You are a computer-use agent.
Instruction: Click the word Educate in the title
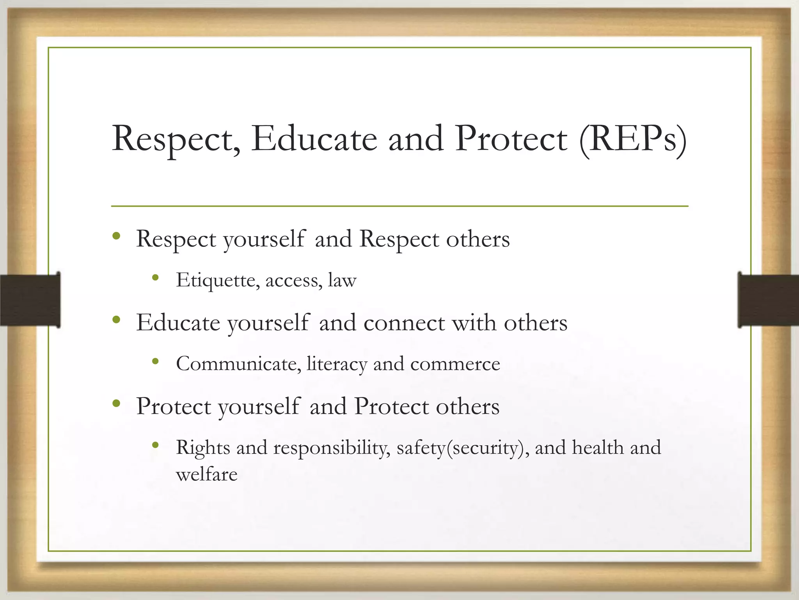tap(314, 139)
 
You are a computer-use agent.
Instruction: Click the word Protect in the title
tap(511, 139)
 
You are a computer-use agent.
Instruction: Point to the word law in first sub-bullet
tap(342, 280)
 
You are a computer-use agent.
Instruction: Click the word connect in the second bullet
tap(404, 323)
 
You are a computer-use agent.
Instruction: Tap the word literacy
tap(337, 364)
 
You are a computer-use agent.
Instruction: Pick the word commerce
tap(455, 364)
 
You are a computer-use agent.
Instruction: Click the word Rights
tap(202, 448)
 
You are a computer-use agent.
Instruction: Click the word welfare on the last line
tap(206, 475)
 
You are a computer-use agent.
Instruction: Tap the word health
tap(598, 448)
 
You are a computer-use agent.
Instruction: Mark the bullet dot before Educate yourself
tap(116, 320)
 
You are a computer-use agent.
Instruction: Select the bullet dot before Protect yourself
tap(116, 404)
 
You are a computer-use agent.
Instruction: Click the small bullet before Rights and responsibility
tap(156, 445)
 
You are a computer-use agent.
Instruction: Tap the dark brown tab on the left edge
tap(30, 300)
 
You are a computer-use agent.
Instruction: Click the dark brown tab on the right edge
tap(768, 300)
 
